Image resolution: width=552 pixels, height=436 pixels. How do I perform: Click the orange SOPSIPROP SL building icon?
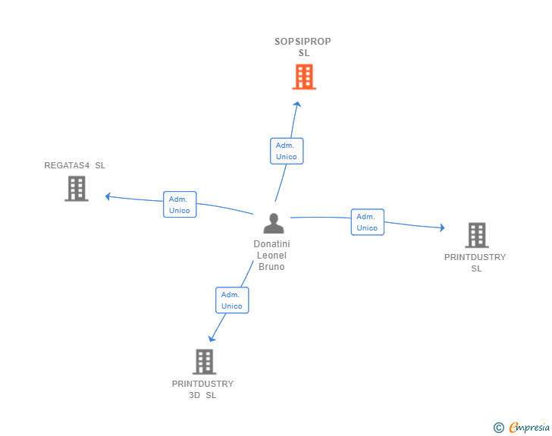pyautogui.click(x=304, y=77)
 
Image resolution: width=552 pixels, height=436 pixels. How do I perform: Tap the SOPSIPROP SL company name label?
pyautogui.click(x=303, y=47)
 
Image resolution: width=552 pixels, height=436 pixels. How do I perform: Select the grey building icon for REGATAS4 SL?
pyautogui.click(x=77, y=189)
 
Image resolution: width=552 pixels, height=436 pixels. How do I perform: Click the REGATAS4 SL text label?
pyautogui.click(x=75, y=165)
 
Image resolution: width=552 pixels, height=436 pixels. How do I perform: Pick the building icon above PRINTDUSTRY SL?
pyautogui.click(x=476, y=235)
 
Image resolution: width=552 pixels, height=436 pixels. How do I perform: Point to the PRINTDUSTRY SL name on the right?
pyautogui.click(x=475, y=262)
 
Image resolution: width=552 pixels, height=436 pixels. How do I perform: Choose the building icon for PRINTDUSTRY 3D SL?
pyautogui.click(x=204, y=362)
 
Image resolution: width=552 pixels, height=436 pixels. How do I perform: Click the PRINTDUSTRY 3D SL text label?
pyautogui.click(x=202, y=389)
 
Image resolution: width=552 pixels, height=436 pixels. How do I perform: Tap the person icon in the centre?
pyautogui.click(x=273, y=223)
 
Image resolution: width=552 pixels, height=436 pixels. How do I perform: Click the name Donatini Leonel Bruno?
pyautogui.click(x=271, y=256)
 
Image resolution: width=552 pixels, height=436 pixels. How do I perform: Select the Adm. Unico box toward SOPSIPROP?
pyautogui.click(x=287, y=151)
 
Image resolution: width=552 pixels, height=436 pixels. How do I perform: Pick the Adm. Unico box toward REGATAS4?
pyautogui.click(x=180, y=205)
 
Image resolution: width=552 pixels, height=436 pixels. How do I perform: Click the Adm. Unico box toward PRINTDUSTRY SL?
pyautogui.click(x=367, y=222)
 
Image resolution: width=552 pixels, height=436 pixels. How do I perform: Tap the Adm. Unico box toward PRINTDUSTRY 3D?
pyautogui.click(x=232, y=300)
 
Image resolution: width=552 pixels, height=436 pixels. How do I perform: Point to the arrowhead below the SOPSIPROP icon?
pyautogui.click(x=297, y=105)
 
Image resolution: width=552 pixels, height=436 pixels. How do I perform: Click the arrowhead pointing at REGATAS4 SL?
pyautogui.click(x=108, y=196)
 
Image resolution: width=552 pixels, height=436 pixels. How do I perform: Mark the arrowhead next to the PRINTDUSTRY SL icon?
pyautogui.click(x=441, y=227)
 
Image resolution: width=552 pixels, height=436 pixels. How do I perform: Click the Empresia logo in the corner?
pyautogui.click(x=528, y=428)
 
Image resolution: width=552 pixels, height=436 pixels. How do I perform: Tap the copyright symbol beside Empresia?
pyautogui.click(x=499, y=428)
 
